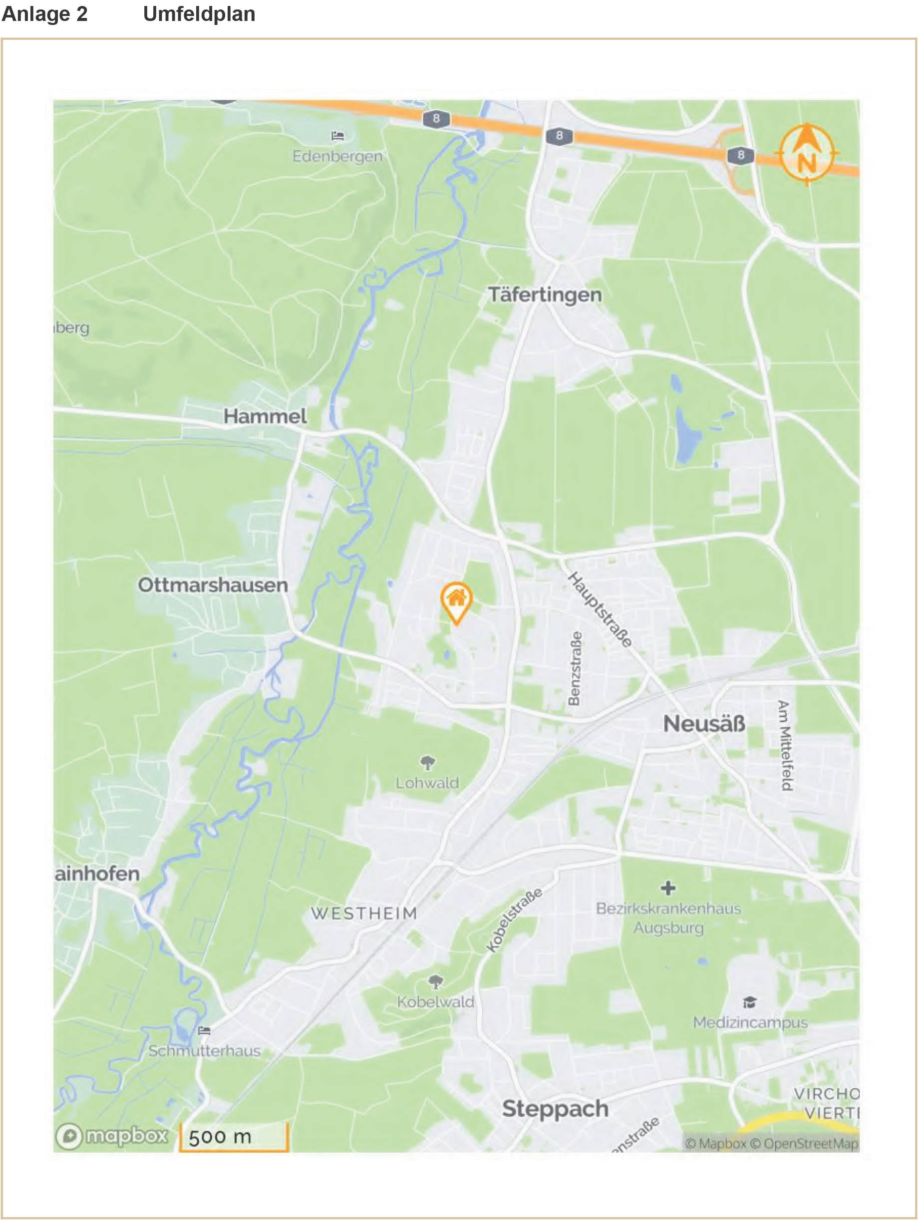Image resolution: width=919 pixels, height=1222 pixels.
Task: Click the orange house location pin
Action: coord(456,602)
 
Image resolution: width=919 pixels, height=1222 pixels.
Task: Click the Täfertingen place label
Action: coord(545,295)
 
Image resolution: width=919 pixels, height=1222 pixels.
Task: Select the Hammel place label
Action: coord(265,416)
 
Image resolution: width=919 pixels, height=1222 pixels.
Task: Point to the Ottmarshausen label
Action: coord(213,585)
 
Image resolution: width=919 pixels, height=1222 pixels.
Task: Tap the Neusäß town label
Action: coord(704,724)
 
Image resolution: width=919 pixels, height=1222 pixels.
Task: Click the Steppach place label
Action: coord(555,1109)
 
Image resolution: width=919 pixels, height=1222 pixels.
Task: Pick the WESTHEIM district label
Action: coord(364,913)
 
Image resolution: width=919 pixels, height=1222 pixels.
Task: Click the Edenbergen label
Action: coord(337,156)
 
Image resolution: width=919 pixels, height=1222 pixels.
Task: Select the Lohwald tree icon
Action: coord(427,763)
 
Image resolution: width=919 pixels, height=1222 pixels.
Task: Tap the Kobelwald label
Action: coord(435,1001)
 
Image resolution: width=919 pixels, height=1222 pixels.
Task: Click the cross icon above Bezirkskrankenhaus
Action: coord(668,888)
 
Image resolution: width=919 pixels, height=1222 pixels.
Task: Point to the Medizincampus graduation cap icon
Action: coord(749,1002)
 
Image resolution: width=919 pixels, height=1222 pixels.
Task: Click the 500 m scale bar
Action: coord(234,1137)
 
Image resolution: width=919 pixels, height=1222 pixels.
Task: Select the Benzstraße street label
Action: coord(575,668)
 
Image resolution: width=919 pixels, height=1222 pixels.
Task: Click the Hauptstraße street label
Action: coord(601,610)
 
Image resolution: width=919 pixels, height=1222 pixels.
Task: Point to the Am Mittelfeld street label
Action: coord(785,745)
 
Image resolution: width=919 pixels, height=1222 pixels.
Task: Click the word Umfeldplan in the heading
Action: coord(199,14)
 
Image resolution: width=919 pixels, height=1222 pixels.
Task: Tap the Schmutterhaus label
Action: coord(204,1051)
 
